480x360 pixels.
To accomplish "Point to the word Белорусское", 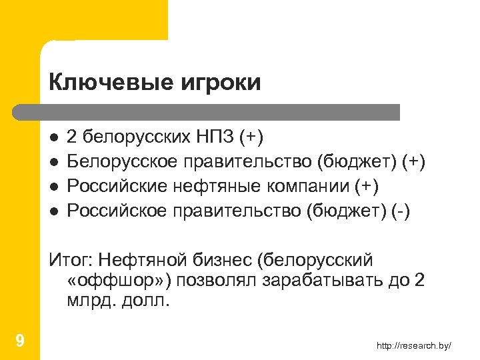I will click(124, 161).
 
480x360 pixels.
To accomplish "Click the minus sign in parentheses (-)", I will click(403, 211).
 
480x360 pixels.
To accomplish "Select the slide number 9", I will click(20, 341).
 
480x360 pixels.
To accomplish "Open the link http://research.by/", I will click(413, 345).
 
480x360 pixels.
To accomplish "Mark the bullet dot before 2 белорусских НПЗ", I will click(54, 137).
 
